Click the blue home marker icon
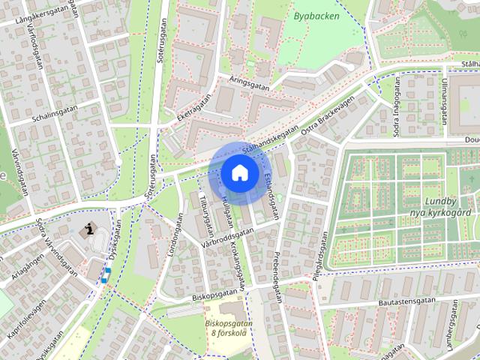(x=239, y=172)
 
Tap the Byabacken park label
(x=316, y=16)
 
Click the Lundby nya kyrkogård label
(x=445, y=207)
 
